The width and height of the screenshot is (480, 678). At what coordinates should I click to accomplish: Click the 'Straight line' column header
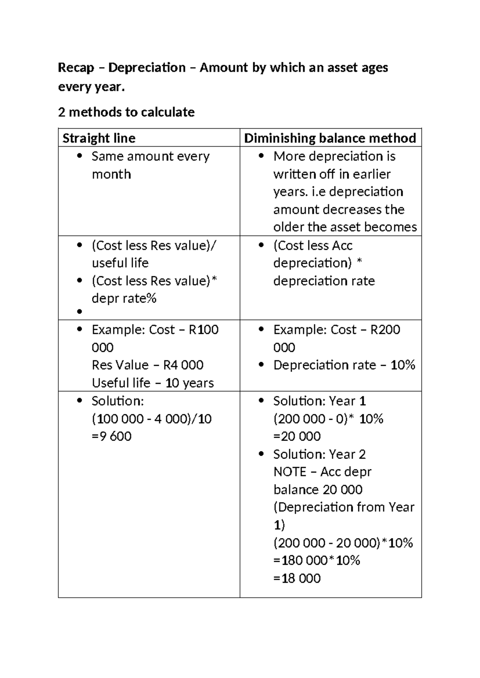(x=99, y=138)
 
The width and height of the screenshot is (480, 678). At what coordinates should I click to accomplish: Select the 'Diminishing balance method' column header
(x=330, y=138)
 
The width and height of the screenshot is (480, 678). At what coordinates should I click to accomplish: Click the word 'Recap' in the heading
(x=76, y=68)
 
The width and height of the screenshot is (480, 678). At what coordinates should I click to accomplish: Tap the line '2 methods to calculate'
(x=126, y=112)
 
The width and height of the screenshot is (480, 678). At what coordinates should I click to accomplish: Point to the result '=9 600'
(x=112, y=436)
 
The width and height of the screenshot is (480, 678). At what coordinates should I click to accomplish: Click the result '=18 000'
(x=297, y=578)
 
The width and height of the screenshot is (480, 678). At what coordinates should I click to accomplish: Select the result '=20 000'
(x=297, y=436)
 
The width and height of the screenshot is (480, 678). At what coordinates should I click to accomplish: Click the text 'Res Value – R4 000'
(x=148, y=365)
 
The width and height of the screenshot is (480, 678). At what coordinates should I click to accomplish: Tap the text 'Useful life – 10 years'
(x=153, y=383)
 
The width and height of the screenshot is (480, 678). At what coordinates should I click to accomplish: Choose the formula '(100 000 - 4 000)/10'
(x=152, y=419)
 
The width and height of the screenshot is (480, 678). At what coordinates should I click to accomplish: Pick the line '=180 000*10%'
(x=317, y=560)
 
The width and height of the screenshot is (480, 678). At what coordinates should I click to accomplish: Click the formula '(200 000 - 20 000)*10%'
(x=343, y=543)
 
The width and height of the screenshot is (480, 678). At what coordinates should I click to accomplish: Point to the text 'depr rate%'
(x=124, y=298)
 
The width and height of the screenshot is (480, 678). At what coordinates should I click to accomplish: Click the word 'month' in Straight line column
(x=111, y=174)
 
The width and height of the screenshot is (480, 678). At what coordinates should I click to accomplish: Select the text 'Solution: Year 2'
(x=319, y=454)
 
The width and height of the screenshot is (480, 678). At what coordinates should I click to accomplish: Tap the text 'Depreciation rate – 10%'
(x=344, y=365)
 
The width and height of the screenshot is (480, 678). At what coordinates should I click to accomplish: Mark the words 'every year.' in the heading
(x=92, y=87)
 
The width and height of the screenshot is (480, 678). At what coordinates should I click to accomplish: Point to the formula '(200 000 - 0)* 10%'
(x=328, y=419)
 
